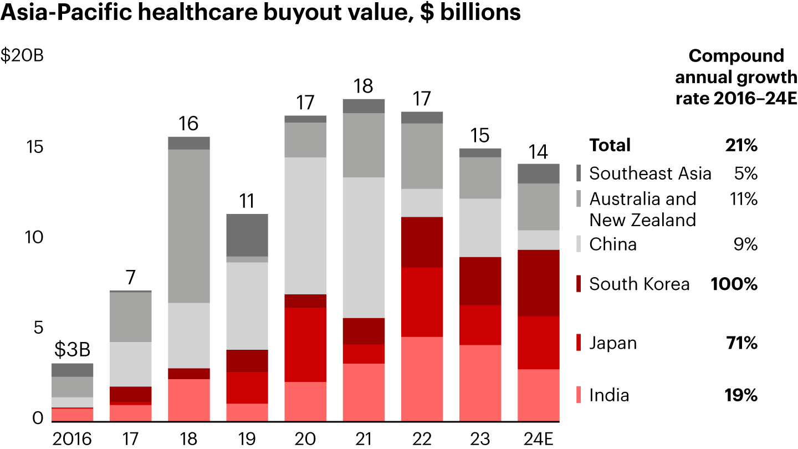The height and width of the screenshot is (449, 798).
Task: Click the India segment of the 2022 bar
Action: pyautogui.click(x=422, y=379)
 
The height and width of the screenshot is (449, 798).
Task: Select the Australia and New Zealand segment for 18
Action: pyautogui.click(x=189, y=226)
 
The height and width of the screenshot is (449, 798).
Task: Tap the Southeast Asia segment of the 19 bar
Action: pyautogui.click(x=247, y=235)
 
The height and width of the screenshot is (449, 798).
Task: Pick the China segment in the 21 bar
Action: pyautogui.click(x=364, y=247)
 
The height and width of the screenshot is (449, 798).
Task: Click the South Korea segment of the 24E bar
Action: pyautogui.click(x=538, y=283)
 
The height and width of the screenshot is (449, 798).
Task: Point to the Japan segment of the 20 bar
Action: pyautogui.click(x=305, y=344)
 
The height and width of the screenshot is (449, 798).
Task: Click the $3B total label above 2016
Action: pyautogui.click(x=73, y=350)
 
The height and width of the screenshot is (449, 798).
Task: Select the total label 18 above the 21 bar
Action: pyautogui.click(x=364, y=86)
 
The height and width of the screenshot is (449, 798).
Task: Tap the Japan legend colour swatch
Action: pyautogui.click(x=579, y=343)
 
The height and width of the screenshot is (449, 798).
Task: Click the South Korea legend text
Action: pyautogui.click(x=640, y=284)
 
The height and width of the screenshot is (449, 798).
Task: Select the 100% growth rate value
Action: pyautogui.click(x=734, y=284)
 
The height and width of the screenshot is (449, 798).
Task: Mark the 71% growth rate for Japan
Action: pyautogui.click(x=742, y=343)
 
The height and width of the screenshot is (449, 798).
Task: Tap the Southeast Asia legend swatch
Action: pyautogui.click(x=579, y=173)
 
